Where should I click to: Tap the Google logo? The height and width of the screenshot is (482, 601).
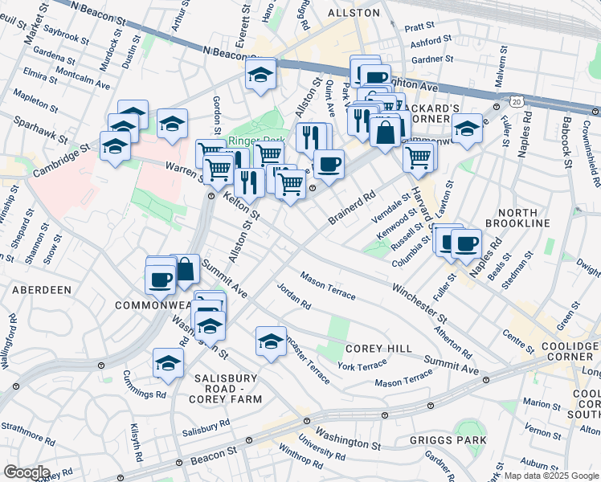point(27,472)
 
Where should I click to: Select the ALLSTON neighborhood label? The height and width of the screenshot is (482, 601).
point(354,14)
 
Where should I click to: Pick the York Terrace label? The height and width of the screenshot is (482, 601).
point(362,366)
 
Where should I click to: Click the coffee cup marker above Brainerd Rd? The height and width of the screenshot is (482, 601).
point(328,165)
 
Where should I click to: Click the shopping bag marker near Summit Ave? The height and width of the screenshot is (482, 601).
point(185,270)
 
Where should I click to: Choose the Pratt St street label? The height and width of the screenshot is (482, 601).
point(419,27)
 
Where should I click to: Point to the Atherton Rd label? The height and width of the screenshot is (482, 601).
point(452,339)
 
